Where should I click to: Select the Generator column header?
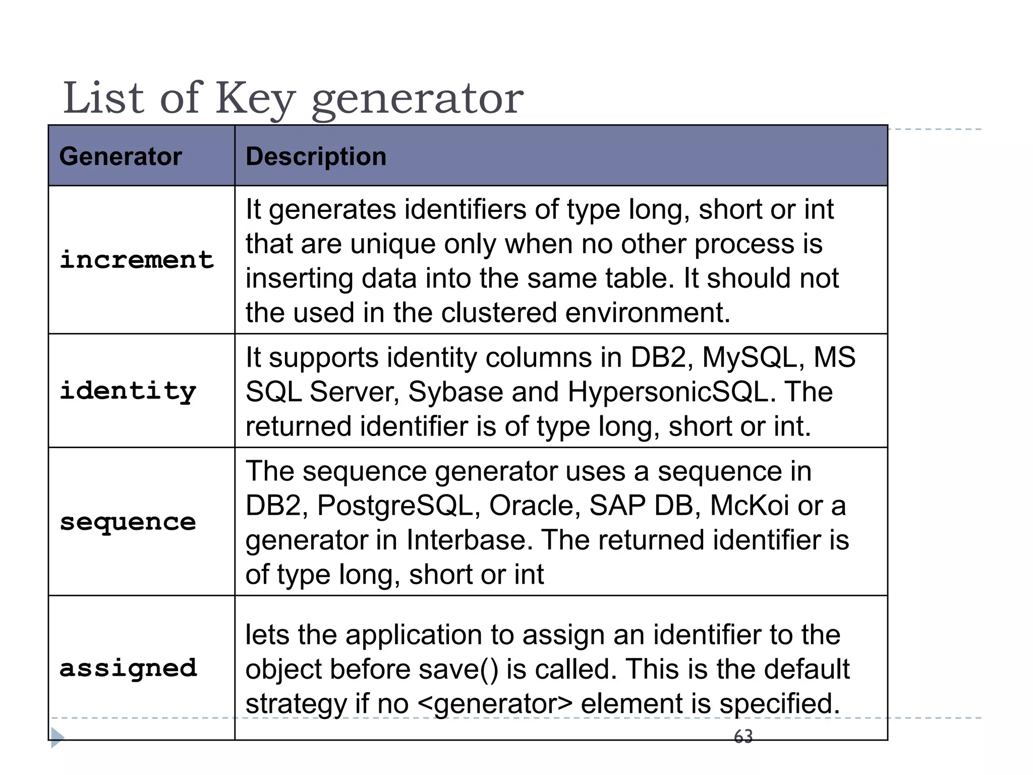[121, 156]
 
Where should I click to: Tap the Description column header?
[316, 156]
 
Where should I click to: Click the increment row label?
[137, 260]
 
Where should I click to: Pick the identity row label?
[128, 392]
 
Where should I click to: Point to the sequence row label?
[128, 522]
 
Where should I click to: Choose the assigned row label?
[128, 669]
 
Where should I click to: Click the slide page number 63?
[743, 737]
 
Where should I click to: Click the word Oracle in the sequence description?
[534, 506]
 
